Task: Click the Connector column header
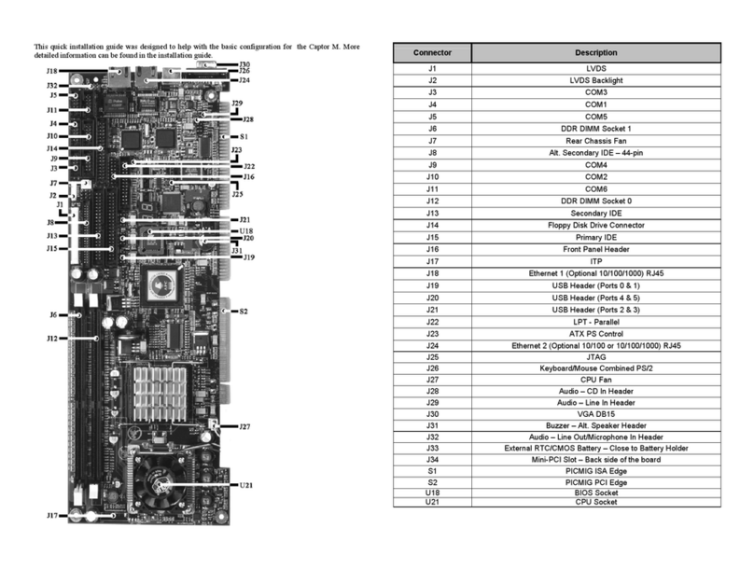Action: pyautogui.click(x=432, y=53)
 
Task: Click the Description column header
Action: pyautogui.click(x=595, y=53)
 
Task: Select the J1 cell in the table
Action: pyautogui.click(x=432, y=69)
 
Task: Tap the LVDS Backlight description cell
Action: pyautogui.click(x=595, y=81)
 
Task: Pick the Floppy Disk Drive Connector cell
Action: pyautogui.click(x=595, y=225)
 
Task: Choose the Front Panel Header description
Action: pyautogui.click(x=595, y=249)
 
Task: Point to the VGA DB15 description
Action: pyautogui.click(x=595, y=413)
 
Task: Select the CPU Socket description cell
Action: pyautogui.click(x=595, y=503)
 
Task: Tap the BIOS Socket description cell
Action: pyautogui.click(x=595, y=493)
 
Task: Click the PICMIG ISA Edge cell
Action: pyautogui.click(x=595, y=470)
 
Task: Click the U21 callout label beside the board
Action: pyautogui.click(x=246, y=485)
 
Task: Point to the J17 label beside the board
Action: pyautogui.click(x=53, y=515)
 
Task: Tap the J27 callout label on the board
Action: pyautogui.click(x=244, y=426)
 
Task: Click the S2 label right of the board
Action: pyautogui.click(x=244, y=311)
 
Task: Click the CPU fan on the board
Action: pyautogui.click(x=161, y=483)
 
